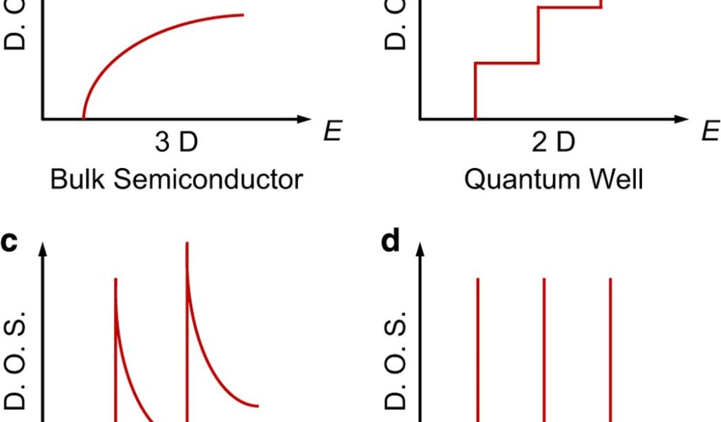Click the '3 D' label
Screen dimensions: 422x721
176,143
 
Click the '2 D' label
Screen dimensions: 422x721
553,143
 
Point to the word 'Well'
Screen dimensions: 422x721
617,179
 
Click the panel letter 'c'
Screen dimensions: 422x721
9,242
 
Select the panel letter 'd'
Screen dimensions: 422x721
389,241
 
